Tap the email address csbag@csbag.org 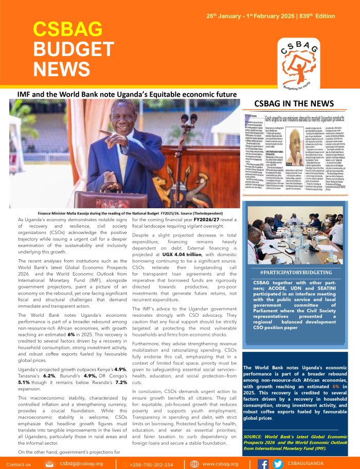click(81, 463)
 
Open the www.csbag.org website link click(220, 464)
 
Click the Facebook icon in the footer click(263, 463)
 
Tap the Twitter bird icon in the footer click(278, 463)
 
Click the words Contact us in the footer click(19, 464)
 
